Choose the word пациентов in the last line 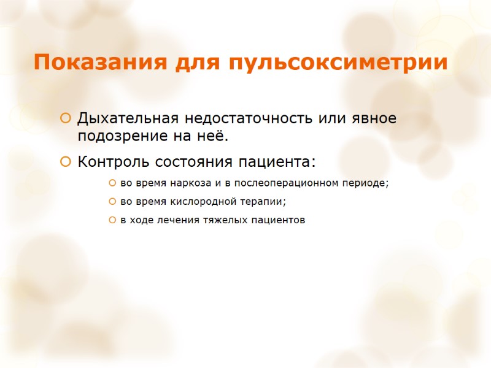pos(278,220)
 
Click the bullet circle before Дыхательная pos(65,118)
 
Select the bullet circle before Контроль pos(65,163)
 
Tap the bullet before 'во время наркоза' pos(112,183)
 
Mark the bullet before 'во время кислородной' pos(112,201)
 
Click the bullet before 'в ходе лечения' pos(112,220)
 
